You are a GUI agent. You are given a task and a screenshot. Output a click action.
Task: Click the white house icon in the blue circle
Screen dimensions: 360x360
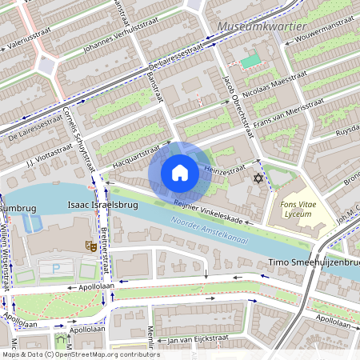pyautogui.click(x=180, y=172)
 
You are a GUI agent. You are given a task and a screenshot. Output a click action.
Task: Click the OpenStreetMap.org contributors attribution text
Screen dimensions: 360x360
pyautogui.click(x=104, y=354)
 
